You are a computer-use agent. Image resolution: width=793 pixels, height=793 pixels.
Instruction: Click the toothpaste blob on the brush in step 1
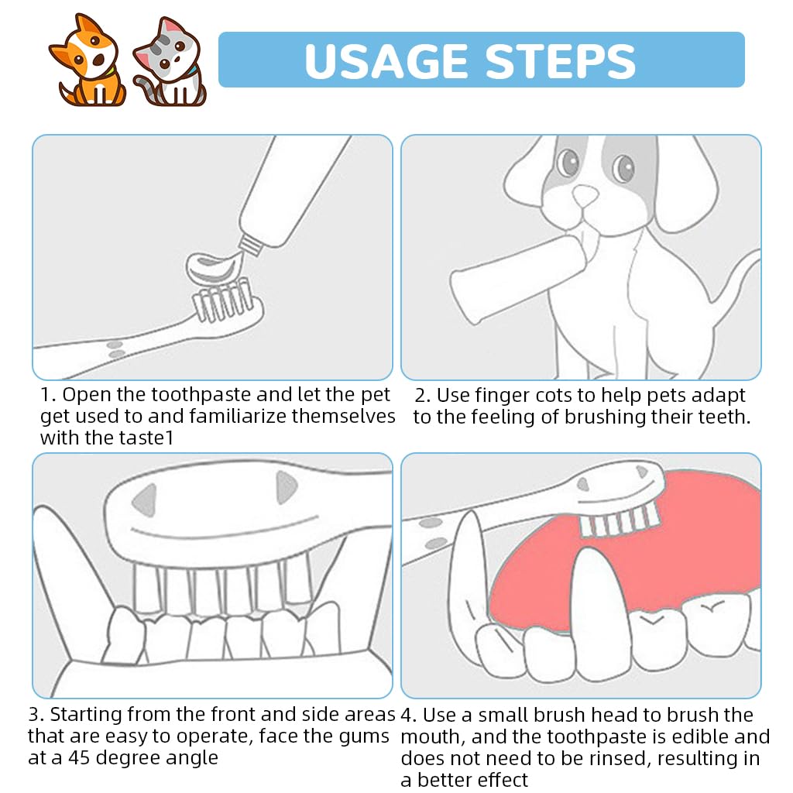point(215,268)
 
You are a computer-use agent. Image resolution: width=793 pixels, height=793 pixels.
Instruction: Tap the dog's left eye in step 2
point(568,162)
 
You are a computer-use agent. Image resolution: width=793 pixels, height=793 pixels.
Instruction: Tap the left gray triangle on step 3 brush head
point(145,499)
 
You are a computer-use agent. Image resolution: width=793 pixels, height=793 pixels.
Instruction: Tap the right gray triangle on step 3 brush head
point(286,487)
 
